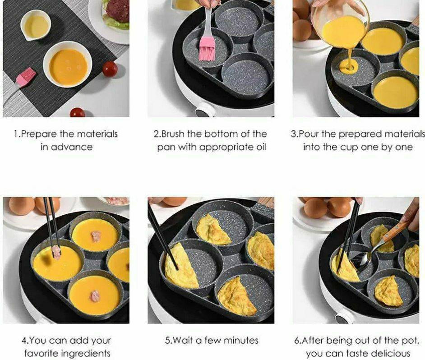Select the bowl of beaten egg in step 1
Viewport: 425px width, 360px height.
pyautogui.click(x=68, y=67)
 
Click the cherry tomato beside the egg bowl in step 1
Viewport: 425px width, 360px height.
pyautogui.click(x=110, y=69)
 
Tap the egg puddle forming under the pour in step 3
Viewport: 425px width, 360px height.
pyautogui.click(x=349, y=65)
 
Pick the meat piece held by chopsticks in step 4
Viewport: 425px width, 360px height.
pyautogui.click(x=56, y=252)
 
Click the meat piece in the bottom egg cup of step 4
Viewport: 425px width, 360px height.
pyautogui.click(x=95, y=296)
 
